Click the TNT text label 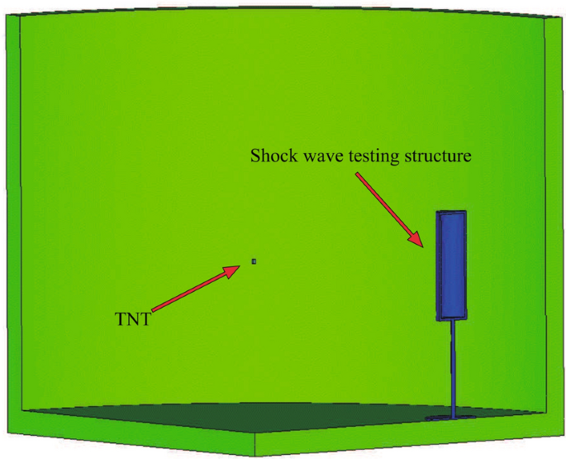133,318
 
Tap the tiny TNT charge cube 254,262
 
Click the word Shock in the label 269,155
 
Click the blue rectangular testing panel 451,265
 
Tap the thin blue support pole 454,364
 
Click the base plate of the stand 453,417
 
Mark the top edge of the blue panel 451,212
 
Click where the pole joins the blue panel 453,321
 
